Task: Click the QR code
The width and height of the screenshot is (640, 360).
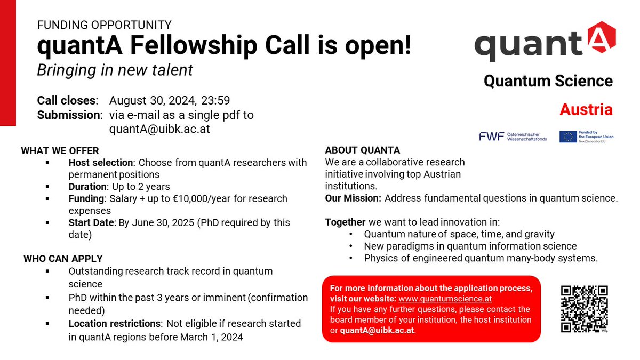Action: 585,309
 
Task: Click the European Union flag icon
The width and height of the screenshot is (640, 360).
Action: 568,137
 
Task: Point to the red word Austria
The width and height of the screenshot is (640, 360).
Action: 586,109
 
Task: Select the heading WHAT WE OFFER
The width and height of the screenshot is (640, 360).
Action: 60,151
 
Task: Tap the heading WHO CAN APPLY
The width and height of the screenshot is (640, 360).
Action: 63,259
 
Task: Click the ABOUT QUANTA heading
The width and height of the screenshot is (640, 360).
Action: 362,150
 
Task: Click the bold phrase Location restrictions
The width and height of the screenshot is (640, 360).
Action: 115,323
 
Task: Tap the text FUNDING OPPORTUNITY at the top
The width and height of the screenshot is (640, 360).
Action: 104,25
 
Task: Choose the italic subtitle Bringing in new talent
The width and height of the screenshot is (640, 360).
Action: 115,70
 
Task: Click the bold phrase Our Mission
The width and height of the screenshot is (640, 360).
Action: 353,198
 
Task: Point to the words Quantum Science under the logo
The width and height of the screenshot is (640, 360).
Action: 548,81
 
